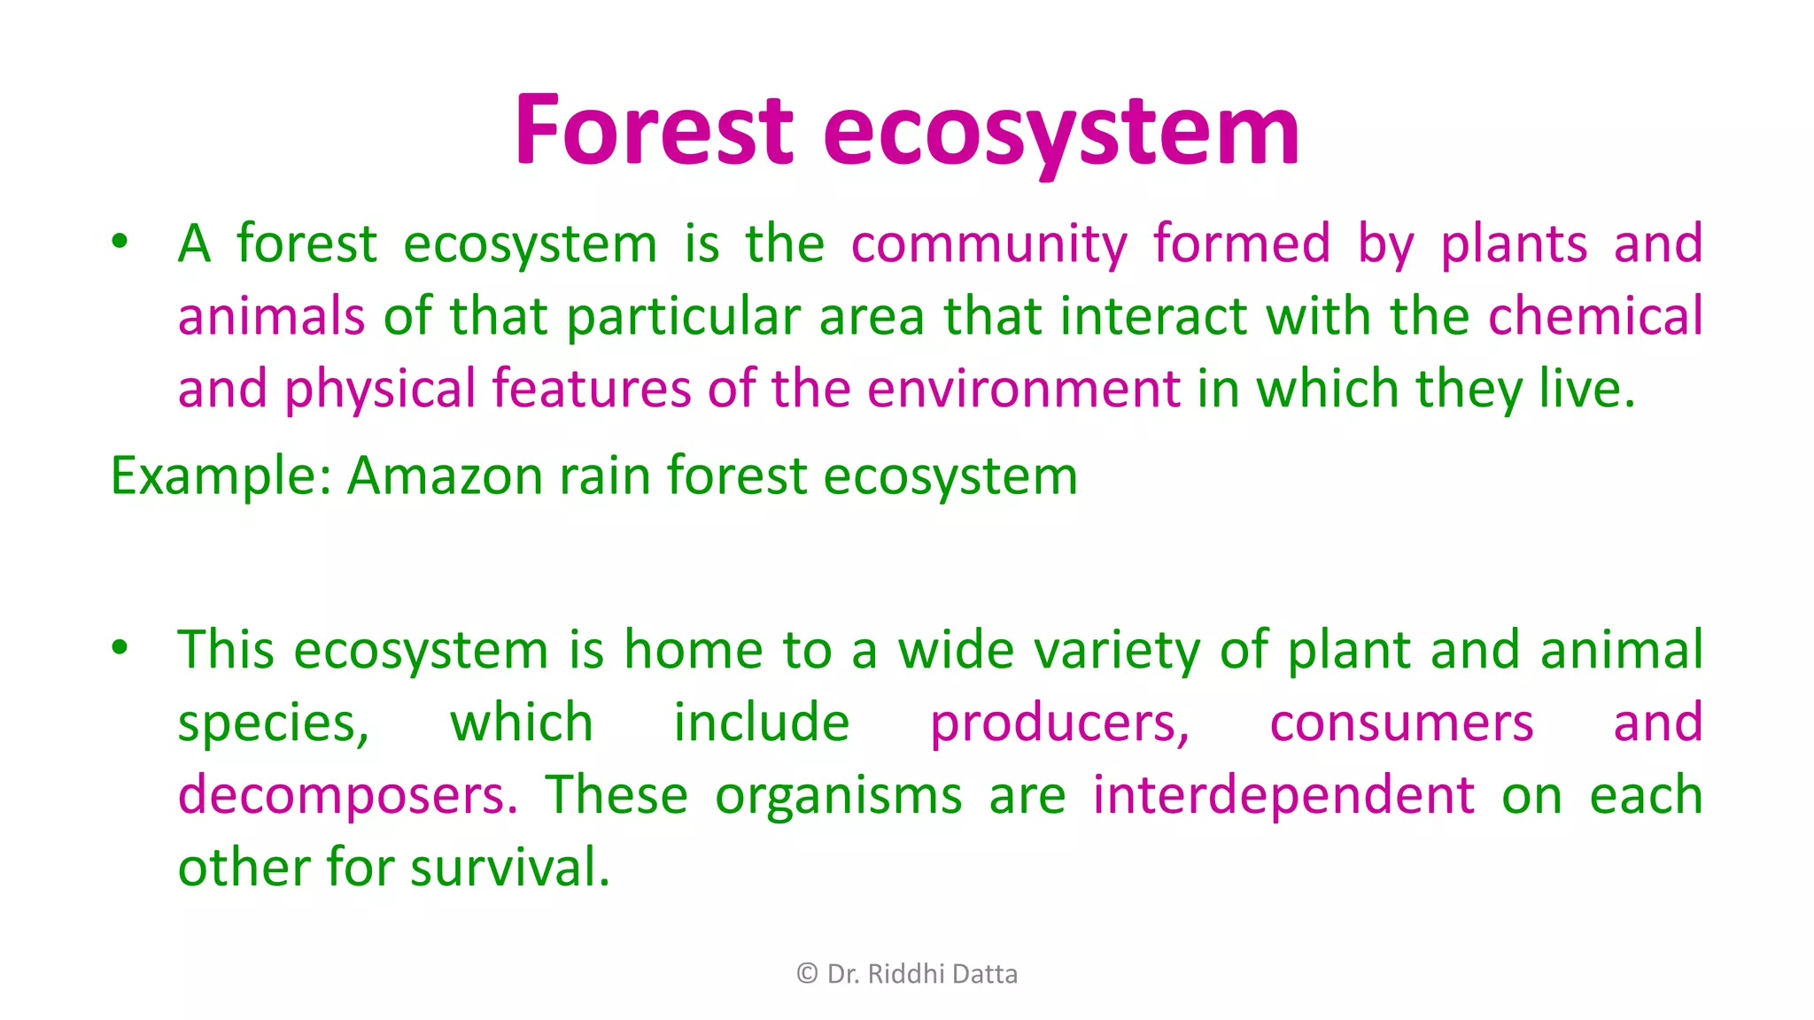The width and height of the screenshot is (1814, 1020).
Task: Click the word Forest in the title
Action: tap(654, 131)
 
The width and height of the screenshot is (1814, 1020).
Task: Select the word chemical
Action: tap(1595, 316)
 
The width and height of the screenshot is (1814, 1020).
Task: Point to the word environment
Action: tap(1023, 389)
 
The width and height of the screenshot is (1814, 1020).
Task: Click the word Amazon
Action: tap(444, 475)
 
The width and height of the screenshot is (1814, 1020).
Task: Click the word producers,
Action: tap(1059, 722)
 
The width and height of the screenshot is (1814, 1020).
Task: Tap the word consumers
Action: tap(1401, 722)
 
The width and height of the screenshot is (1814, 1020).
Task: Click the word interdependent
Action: tap(1283, 795)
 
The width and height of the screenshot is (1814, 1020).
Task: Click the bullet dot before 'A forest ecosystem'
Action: tap(120, 241)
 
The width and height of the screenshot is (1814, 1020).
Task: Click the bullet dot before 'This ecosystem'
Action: tap(120, 647)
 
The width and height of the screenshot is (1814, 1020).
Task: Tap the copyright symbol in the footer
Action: tap(807, 974)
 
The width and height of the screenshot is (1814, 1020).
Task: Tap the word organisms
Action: tap(838, 795)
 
